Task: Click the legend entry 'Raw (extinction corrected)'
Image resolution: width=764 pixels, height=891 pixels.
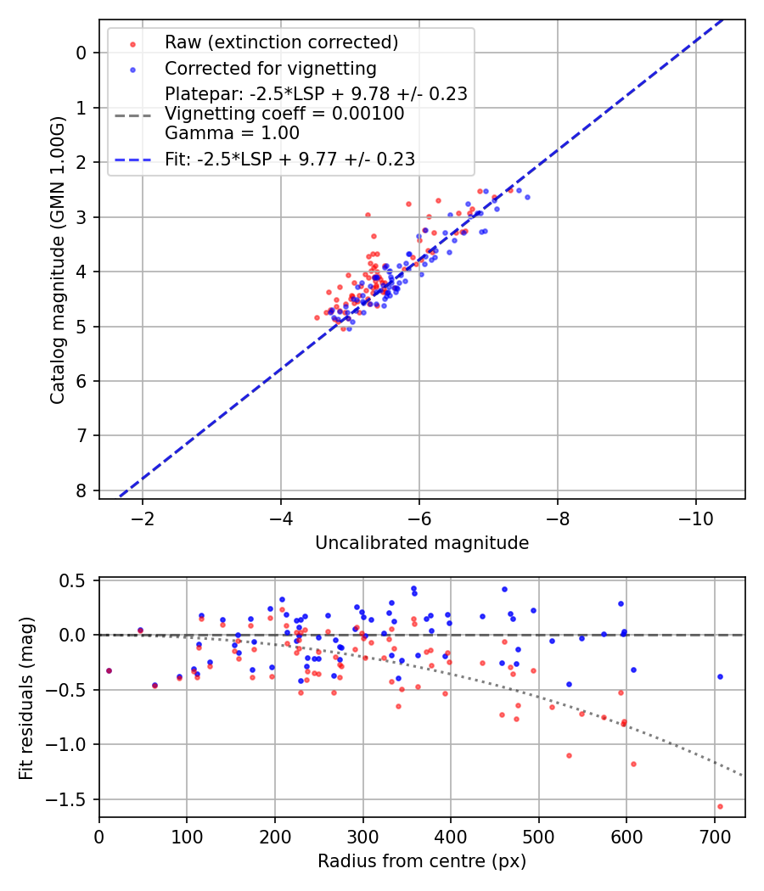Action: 281,42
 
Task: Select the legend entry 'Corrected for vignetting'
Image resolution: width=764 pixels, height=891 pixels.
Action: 271,68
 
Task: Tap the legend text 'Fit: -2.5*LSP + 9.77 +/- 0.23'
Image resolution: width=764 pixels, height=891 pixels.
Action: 289,159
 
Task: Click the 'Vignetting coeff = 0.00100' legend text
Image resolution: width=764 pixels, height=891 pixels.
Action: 284,114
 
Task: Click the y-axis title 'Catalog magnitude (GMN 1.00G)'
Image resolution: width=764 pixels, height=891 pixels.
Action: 57,260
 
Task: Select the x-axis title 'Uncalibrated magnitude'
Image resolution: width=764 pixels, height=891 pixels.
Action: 422,543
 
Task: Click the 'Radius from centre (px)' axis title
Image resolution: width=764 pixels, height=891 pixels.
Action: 422,861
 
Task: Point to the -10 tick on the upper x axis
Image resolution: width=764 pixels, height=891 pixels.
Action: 696,517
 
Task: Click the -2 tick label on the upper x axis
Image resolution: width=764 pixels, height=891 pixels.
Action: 142,517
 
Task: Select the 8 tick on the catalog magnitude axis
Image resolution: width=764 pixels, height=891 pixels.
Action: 81,490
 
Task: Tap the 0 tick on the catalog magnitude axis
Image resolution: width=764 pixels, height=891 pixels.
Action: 81,53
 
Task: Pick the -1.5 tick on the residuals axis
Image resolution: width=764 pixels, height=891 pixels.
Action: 73,799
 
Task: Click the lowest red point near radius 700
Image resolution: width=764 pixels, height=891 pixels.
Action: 720,806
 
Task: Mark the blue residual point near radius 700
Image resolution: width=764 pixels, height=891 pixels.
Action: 720,676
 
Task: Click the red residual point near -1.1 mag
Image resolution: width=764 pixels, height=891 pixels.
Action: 569,755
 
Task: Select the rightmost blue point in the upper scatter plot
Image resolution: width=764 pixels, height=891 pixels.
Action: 526,197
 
